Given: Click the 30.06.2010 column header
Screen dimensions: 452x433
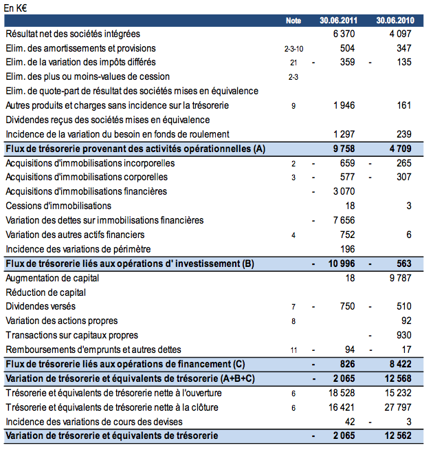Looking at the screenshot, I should click(x=394, y=21).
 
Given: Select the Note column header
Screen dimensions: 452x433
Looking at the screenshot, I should click(x=293, y=21).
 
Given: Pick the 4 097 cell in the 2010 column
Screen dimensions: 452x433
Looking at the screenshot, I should click(x=399, y=34).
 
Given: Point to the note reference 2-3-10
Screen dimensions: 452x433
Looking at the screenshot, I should click(x=293, y=48).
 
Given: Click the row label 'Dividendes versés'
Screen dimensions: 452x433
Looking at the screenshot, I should click(x=41, y=306).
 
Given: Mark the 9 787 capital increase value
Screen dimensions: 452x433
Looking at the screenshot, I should click(x=399, y=278).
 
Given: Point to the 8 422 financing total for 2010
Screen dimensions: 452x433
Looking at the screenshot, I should click(x=399, y=364).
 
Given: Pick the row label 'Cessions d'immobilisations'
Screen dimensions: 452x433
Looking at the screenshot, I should click(x=58, y=206).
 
